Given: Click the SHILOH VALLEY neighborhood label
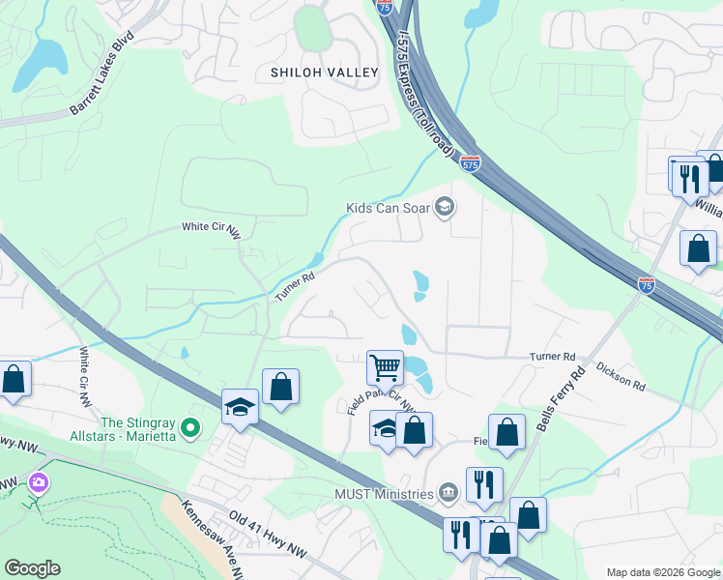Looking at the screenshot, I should pyautogui.click(x=324, y=73).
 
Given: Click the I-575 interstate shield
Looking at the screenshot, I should pyautogui.click(x=470, y=164).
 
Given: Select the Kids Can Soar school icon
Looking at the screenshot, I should pyautogui.click(x=444, y=207).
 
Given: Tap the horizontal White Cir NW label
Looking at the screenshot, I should pyautogui.click(x=211, y=227).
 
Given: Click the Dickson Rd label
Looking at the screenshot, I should pyautogui.click(x=620, y=377).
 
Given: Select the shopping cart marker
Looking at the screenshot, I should pyautogui.click(x=385, y=367).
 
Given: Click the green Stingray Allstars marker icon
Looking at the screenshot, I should pyautogui.click(x=191, y=425).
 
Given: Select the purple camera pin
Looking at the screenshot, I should pyautogui.click(x=38, y=481).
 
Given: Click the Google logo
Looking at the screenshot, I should pyautogui.click(x=32, y=568).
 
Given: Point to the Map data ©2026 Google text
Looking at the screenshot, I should pyautogui.click(x=662, y=572).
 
